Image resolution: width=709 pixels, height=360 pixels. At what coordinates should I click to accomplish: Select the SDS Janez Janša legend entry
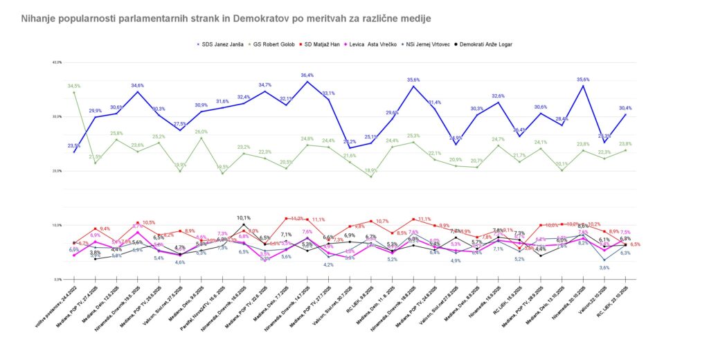pyautogui.click(x=221, y=44)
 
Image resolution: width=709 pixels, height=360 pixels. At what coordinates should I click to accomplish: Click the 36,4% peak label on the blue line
pyautogui.click(x=307, y=75)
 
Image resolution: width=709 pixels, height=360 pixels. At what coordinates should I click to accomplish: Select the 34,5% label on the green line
pyautogui.click(x=74, y=86)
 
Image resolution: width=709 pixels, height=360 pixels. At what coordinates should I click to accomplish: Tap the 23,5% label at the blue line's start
pyautogui.click(x=74, y=146)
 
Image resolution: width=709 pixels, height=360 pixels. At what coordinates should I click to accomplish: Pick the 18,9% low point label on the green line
pyautogui.click(x=371, y=170)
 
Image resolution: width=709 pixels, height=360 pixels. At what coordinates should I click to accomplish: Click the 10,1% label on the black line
pyautogui.click(x=244, y=218)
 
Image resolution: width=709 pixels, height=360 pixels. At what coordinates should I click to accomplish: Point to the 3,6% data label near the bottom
pyautogui.click(x=604, y=267)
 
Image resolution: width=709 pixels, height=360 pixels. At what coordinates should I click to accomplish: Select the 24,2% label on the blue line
pyautogui.click(x=349, y=142)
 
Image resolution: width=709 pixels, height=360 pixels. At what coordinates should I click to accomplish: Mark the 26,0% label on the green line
pyautogui.click(x=201, y=132)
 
